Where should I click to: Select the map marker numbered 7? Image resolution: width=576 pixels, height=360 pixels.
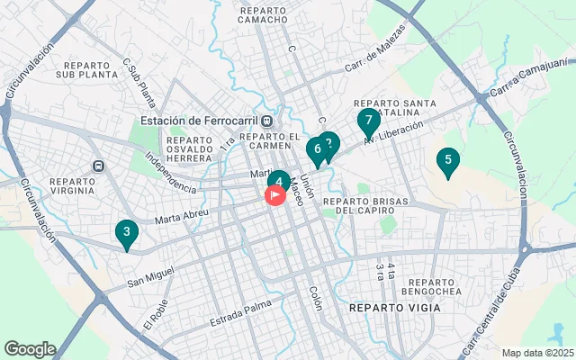coord(368,121)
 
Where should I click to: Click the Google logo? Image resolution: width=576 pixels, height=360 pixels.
coord(30,349)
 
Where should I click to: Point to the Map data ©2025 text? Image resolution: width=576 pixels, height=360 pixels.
coord(537,353)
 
